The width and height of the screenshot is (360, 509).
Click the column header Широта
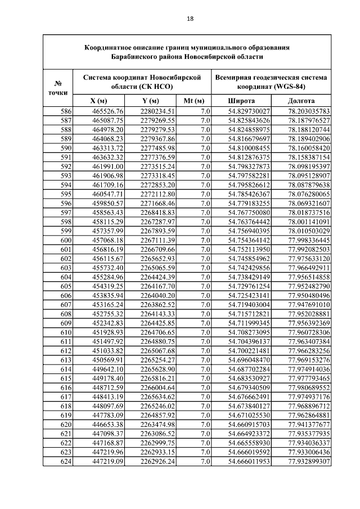click(x=240, y=101)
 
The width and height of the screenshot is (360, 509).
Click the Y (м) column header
click(x=151, y=101)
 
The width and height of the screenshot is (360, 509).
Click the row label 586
click(x=66, y=111)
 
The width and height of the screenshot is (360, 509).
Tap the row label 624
click(x=66, y=462)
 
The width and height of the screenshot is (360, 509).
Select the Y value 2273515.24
click(x=158, y=166)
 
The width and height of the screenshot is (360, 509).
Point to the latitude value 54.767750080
click(x=249, y=213)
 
